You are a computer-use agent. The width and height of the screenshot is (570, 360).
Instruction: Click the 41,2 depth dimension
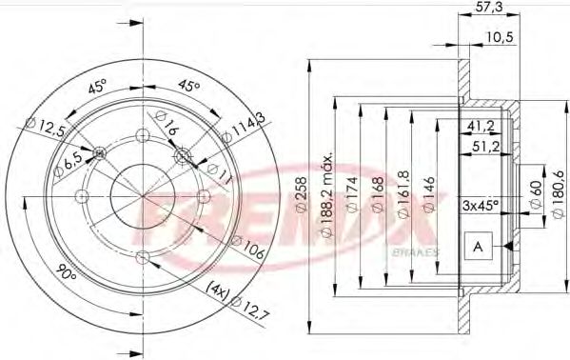coord(482,127)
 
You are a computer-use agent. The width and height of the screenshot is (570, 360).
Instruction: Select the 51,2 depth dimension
coord(487,146)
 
